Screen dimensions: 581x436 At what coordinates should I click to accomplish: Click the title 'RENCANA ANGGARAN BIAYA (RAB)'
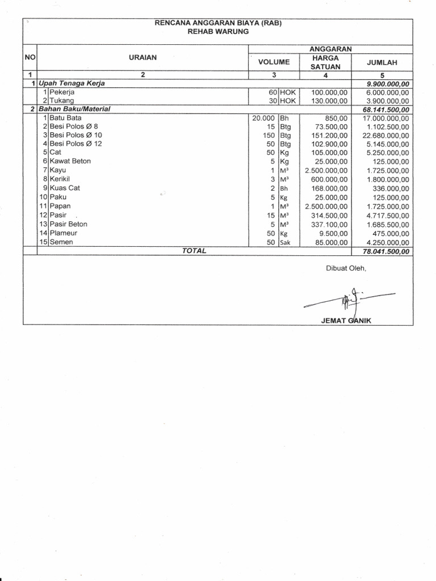[219, 23]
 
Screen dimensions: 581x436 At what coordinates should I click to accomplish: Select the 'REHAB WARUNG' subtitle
[219, 32]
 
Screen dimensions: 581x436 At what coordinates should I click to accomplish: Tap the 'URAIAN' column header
[143, 57]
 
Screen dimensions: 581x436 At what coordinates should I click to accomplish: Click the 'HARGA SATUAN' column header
[326, 62]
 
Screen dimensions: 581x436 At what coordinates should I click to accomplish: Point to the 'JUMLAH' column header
[382, 62]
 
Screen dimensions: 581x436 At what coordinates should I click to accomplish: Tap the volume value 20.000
[263, 118]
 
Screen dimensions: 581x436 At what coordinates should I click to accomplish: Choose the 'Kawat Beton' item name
[70, 161]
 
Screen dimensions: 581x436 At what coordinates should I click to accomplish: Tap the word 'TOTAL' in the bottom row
[194, 251]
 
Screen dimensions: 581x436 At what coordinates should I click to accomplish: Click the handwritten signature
[347, 298]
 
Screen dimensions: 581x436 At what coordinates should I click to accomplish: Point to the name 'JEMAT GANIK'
[346, 321]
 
